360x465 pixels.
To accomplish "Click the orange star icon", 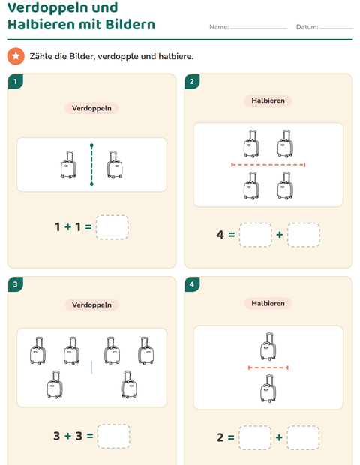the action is [x=16, y=56].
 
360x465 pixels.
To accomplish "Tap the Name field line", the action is [x=259, y=28].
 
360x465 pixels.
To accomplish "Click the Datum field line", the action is [x=336, y=28].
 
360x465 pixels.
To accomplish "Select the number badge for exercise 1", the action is [x=16, y=81].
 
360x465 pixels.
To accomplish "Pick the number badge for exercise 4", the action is [x=192, y=284].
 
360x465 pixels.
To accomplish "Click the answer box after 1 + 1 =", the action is [x=112, y=227].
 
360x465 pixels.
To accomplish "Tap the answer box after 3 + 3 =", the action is [x=113, y=436].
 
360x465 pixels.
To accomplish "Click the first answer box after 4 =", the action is [x=255, y=235].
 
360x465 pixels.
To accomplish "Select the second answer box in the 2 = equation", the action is [x=303, y=438].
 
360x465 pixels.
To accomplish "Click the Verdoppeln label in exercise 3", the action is [x=91, y=304].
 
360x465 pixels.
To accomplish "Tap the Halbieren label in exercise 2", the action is [x=268, y=100].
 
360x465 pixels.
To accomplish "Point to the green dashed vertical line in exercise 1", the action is [x=91, y=165].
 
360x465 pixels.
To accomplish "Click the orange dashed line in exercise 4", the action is [x=268, y=367].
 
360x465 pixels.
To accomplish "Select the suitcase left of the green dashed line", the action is [x=68, y=164].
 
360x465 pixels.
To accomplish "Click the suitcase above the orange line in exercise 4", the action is [x=268, y=346].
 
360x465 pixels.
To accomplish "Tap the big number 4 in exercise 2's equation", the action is [x=220, y=235].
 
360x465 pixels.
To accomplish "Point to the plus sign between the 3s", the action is [x=68, y=436].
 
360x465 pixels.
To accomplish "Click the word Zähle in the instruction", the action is [x=40, y=56].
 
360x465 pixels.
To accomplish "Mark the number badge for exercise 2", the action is [x=192, y=81].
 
